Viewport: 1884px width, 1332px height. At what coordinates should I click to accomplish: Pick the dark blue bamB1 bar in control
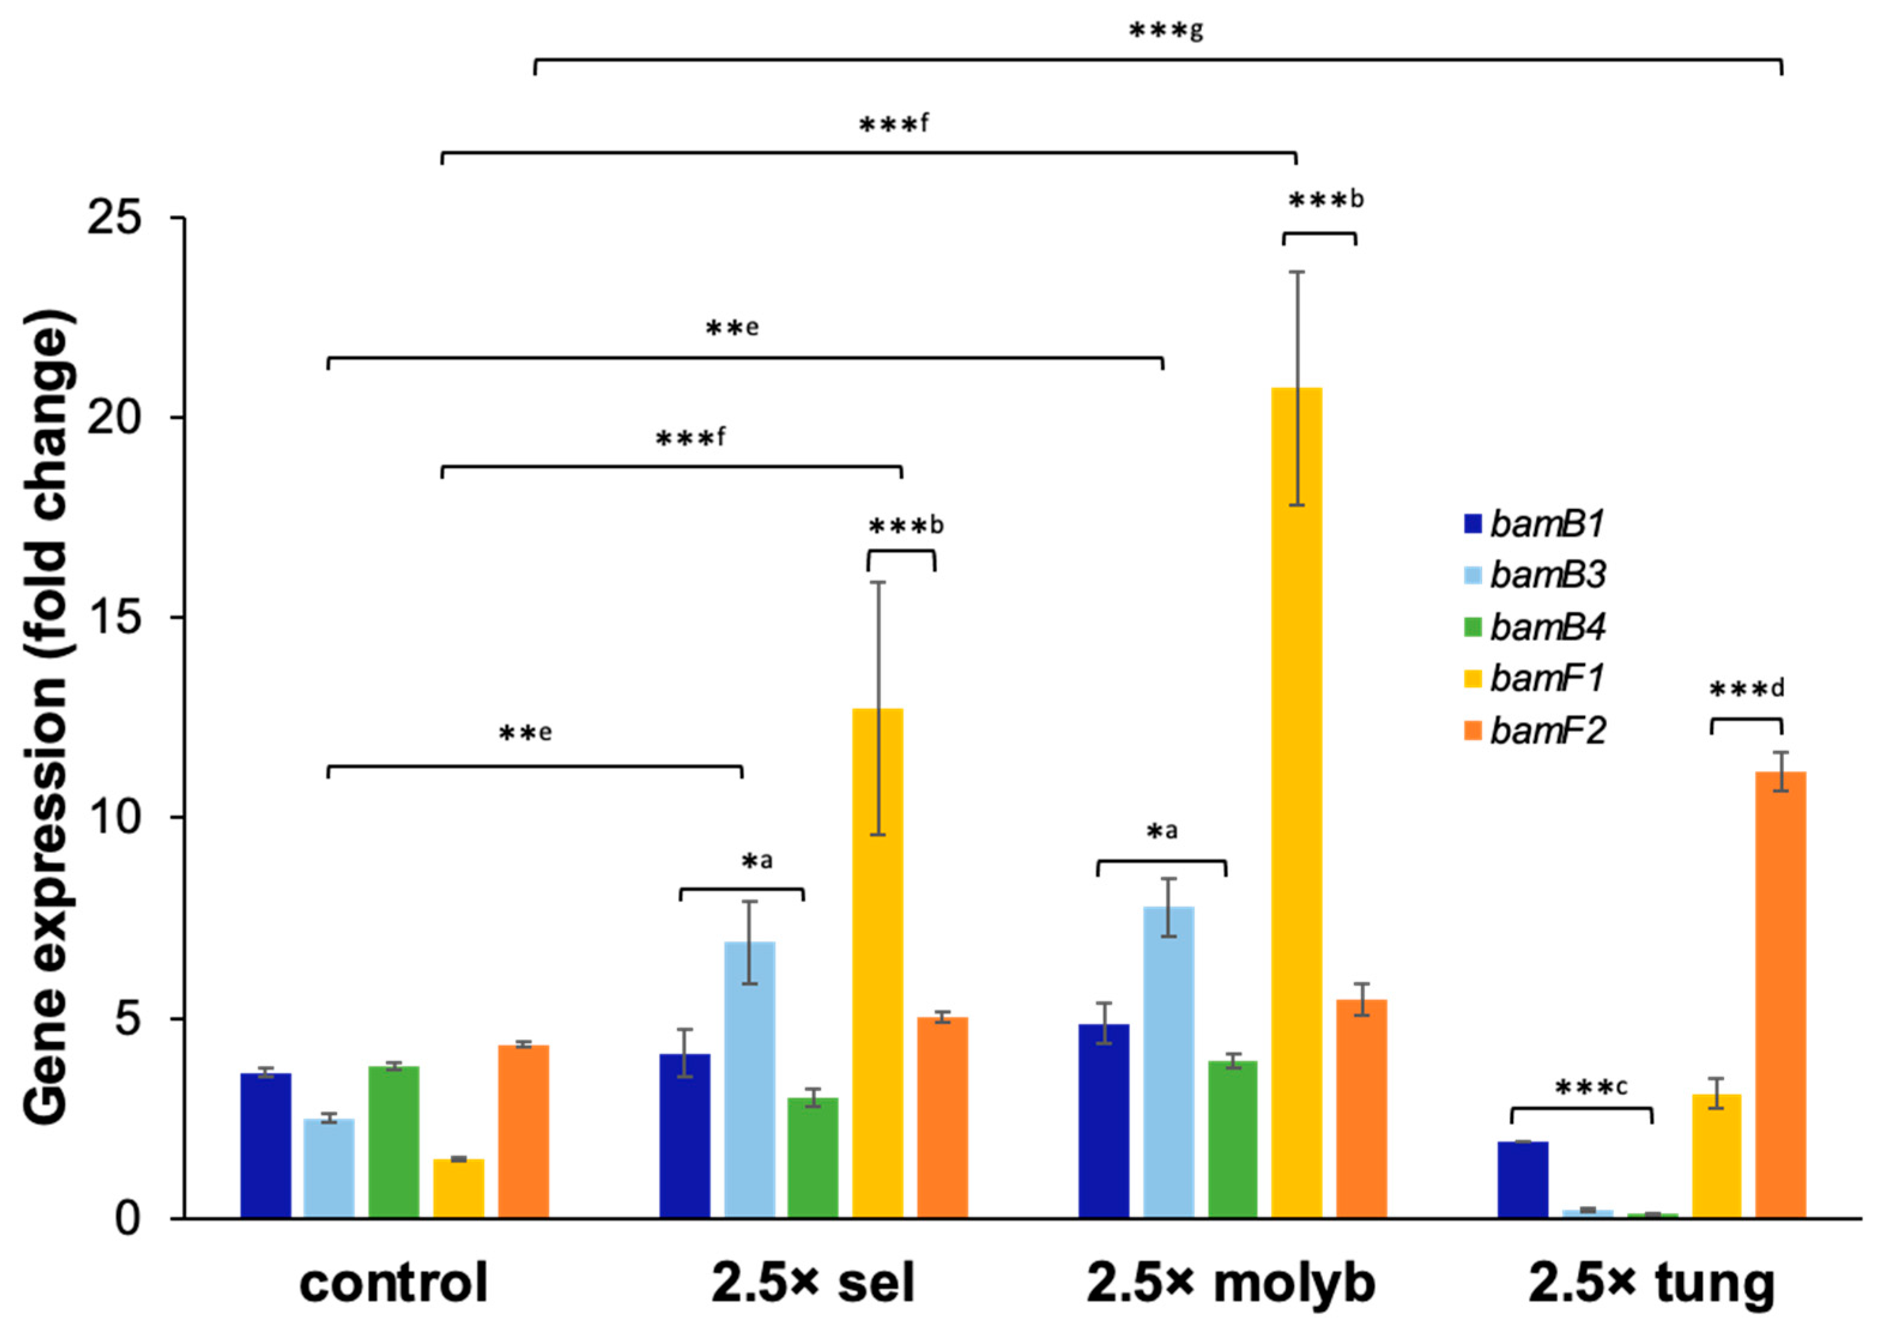pos(265,1146)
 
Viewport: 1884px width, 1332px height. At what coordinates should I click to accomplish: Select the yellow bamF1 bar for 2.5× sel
pos(878,964)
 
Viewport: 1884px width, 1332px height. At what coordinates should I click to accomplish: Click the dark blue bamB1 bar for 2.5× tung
pos(1523,1179)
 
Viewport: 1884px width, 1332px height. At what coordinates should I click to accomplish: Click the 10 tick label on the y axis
pos(115,818)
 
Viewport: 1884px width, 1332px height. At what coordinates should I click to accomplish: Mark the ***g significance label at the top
pos(1166,31)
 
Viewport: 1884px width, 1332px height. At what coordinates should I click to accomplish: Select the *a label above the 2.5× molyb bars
pos(1162,832)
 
